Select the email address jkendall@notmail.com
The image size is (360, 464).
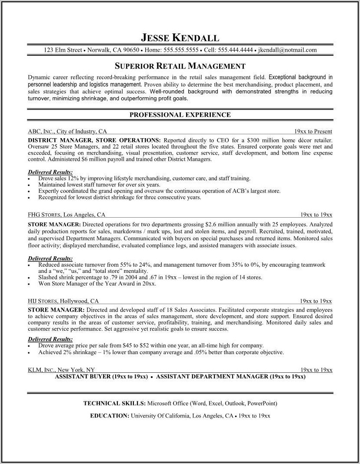[287, 50]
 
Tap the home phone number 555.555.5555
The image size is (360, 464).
[181, 50]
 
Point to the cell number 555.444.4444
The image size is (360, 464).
[235, 50]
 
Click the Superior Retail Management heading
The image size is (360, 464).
[180, 66]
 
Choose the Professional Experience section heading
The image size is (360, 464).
[180, 115]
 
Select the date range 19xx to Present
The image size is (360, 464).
[313, 131]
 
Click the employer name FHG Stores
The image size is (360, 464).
[44, 215]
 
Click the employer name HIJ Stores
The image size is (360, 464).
[43, 301]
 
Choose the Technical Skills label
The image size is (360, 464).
[114, 403]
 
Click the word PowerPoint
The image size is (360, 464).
[261, 403]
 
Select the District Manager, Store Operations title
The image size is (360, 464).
[93, 140]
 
